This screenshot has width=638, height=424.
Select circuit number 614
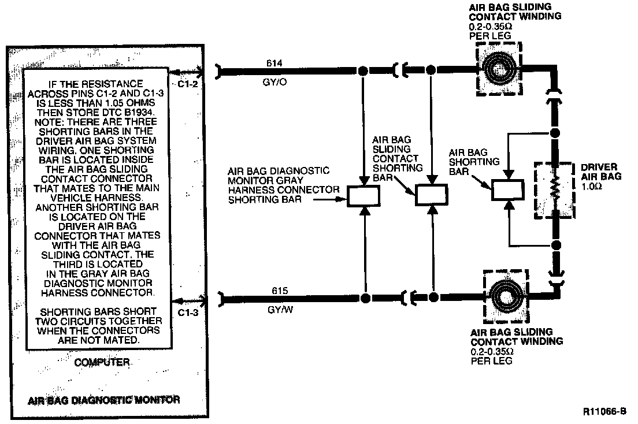(274, 62)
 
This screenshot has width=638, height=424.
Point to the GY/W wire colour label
(276, 310)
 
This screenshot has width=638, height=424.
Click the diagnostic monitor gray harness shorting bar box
(362, 196)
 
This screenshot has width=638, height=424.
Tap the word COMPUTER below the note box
(102, 363)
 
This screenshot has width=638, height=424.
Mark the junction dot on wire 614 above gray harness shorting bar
(363, 71)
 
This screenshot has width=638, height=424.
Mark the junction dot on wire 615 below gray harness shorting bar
(365, 299)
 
